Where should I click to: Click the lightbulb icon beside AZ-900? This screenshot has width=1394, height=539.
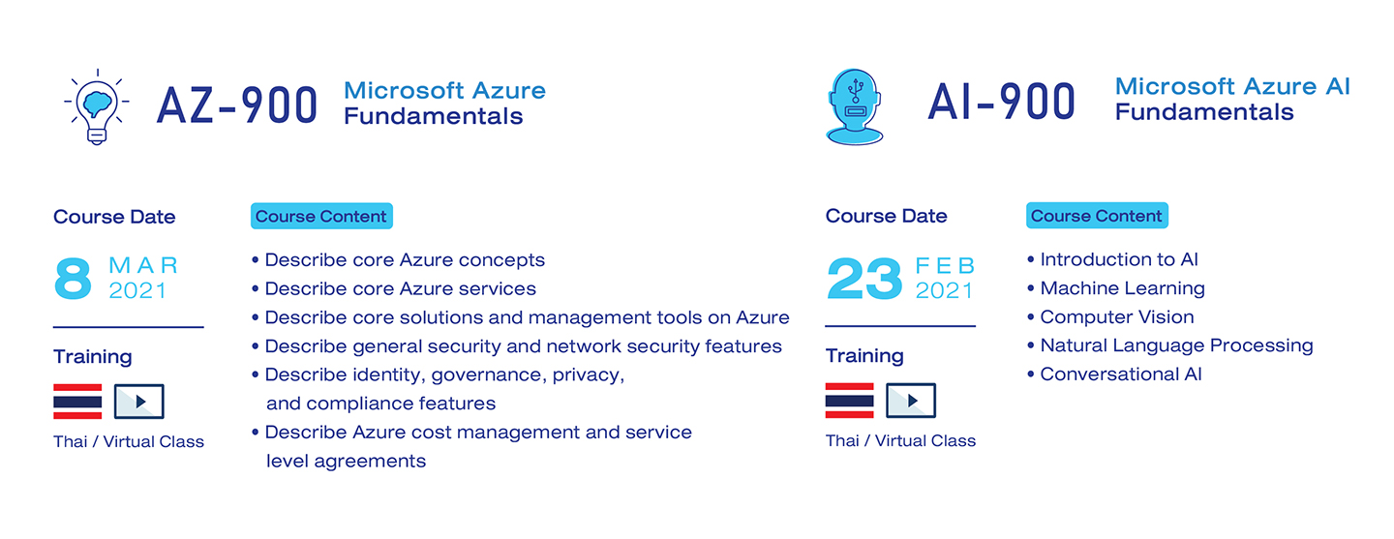tap(97, 106)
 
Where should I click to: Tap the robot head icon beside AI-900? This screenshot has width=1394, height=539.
tap(855, 107)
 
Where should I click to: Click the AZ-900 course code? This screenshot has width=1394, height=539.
tap(237, 105)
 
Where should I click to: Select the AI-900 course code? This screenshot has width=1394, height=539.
tap(1001, 102)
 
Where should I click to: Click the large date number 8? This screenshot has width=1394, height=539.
tap(73, 279)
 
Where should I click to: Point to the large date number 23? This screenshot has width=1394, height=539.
tap(864, 279)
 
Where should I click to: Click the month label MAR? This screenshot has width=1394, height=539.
tap(143, 265)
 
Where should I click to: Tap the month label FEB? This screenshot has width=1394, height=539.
tap(945, 266)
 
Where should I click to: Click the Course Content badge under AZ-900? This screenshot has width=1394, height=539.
tap(321, 216)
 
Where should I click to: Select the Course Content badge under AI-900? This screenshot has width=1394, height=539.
tap(1097, 216)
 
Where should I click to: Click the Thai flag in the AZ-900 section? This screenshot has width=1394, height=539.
tap(77, 402)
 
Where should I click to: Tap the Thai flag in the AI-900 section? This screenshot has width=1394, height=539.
tap(850, 401)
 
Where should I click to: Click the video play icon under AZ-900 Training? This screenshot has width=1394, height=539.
tap(139, 402)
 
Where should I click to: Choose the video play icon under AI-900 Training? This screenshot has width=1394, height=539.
tap(911, 401)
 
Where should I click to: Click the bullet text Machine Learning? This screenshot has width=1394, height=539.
tap(1123, 288)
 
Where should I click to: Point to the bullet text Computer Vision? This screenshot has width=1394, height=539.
tap(1117, 316)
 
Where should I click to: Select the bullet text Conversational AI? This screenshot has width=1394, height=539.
tap(1121, 374)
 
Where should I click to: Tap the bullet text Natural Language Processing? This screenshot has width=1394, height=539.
tap(1177, 345)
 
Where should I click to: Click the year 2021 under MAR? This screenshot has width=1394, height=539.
tap(137, 290)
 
